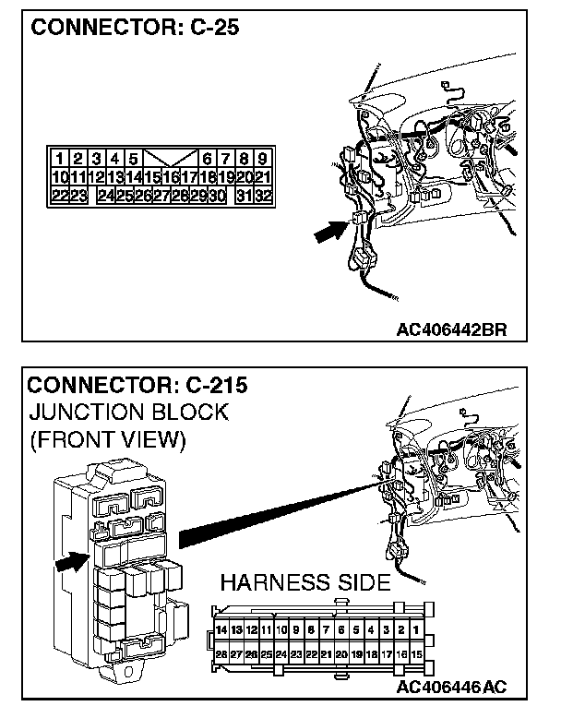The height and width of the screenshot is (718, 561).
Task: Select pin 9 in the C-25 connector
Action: click(263, 159)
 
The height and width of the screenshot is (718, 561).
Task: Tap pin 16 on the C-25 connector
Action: click(171, 177)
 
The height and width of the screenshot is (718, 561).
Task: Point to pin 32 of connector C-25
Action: click(262, 196)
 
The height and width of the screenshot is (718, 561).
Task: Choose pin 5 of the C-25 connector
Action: click(134, 159)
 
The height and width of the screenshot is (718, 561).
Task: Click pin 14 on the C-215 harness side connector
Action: click(221, 630)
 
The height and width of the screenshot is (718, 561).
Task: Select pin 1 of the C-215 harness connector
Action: click(417, 630)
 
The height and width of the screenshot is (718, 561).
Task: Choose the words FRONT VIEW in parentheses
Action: click(108, 439)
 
